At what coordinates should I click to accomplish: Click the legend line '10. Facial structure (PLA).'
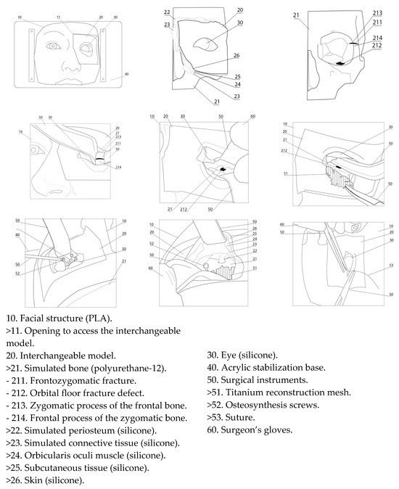(59, 319)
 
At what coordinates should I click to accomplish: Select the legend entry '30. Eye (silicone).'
(242, 355)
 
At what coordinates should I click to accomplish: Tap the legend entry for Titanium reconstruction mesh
(279, 393)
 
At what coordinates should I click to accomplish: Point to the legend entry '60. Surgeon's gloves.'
(250, 430)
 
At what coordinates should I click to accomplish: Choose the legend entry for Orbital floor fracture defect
(75, 393)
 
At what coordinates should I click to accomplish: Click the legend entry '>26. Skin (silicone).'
(45, 480)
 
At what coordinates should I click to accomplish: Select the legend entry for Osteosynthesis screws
(263, 405)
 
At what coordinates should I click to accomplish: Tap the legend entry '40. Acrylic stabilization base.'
(266, 367)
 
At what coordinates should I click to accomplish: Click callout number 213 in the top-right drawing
(377, 13)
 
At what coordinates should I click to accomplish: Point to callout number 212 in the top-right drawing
(377, 45)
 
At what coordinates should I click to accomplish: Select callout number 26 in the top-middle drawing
(236, 56)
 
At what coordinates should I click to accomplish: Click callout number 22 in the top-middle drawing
(167, 12)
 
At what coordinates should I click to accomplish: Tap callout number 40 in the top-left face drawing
(126, 74)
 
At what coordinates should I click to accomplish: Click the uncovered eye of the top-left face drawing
(53, 46)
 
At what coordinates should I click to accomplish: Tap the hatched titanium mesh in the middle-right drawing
(340, 178)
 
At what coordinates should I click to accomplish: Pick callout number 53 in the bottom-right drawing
(391, 266)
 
